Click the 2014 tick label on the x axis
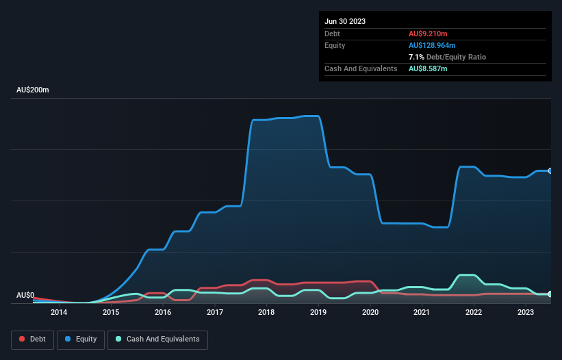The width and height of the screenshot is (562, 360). pos(59,312)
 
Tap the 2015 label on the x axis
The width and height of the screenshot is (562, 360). pos(111,312)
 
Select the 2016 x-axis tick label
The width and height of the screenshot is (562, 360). pos(163,312)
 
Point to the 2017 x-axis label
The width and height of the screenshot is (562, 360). pos(215,312)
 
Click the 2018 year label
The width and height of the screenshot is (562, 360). pos(266,312)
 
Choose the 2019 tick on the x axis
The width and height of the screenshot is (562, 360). pos(318,312)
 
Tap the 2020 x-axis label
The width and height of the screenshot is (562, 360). pos(370,312)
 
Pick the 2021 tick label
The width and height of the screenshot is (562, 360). pos(422,312)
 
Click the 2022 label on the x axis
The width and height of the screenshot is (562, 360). pos(474,312)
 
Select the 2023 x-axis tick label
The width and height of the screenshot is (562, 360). pos(526,312)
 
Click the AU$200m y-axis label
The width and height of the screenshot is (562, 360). pos(33,90)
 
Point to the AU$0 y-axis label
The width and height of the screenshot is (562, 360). pos(25,295)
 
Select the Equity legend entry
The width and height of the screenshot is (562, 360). pos(81,339)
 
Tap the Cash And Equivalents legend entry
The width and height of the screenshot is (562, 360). pos(157,339)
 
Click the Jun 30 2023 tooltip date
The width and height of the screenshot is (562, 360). pos(345,21)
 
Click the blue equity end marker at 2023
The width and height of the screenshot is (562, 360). pos(550,170)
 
